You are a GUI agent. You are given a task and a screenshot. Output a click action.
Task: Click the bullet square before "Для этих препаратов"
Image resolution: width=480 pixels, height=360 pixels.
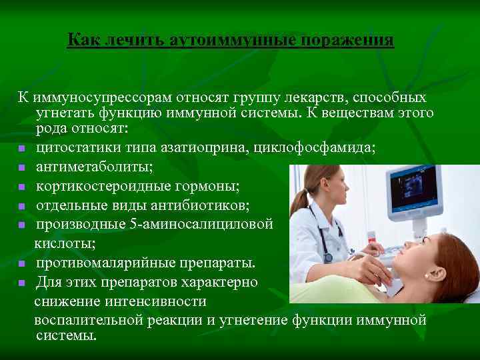tap(22, 283)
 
